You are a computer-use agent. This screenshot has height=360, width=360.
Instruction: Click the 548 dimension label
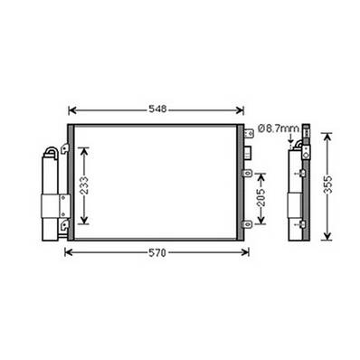coord(158,109)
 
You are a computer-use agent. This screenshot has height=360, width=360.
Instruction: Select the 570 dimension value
coord(157,253)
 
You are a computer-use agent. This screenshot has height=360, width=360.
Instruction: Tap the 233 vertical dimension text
coord(84,186)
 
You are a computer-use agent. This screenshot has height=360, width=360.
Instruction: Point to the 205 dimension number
coord(261,200)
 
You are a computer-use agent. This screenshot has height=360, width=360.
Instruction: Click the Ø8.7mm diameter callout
coord(278,129)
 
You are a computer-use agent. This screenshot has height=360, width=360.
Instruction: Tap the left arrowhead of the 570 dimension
coord(68,252)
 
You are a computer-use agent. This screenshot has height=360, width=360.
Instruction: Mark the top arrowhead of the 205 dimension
coord(261,169)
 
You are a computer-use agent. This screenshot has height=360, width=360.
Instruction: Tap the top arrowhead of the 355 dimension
coord(327,135)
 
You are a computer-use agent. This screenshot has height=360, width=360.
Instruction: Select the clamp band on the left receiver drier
coord(55,205)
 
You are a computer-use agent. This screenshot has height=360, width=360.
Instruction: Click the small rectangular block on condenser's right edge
coord(247,171)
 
